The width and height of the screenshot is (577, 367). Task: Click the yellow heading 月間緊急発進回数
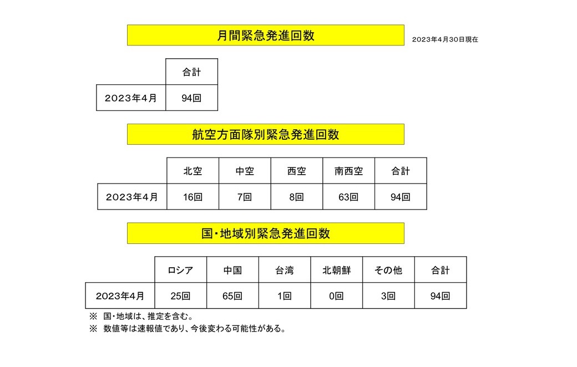click(x=265, y=35)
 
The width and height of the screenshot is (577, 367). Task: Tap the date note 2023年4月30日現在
click(x=445, y=40)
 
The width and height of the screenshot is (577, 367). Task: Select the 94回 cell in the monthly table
click(x=191, y=98)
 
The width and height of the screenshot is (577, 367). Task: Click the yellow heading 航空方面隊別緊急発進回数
click(x=265, y=134)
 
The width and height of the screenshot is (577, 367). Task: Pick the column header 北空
click(x=193, y=171)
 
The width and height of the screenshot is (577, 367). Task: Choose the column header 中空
click(x=245, y=171)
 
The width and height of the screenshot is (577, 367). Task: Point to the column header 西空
click(x=297, y=171)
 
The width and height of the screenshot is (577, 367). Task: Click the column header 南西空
click(x=348, y=171)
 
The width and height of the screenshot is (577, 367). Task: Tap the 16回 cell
click(x=193, y=197)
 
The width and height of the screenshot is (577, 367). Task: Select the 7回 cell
click(x=245, y=197)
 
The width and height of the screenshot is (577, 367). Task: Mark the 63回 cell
click(x=348, y=197)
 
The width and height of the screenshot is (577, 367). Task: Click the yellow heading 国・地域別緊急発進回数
click(x=265, y=233)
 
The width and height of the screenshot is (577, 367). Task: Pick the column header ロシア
click(x=180, y=271)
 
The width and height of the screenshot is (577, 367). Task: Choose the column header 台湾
click(x=284, y=271)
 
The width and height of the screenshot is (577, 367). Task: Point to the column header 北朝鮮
click(x=336, y=271)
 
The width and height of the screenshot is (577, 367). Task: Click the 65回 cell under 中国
click(x=232, y=296)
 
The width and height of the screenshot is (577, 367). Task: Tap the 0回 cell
click(x=336, y=296)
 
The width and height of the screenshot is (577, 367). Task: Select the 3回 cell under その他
click(x=388, y=296)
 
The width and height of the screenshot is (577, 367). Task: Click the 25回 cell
click(x=180, y=296)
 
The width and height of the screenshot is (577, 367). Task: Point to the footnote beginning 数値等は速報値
click(x=194, y=329)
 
